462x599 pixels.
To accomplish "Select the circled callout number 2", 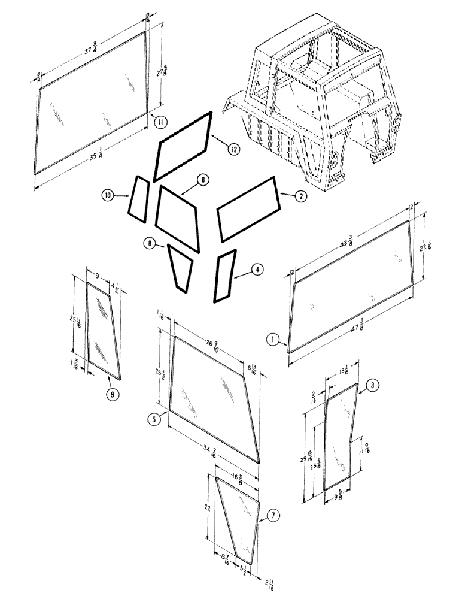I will tap(300, 195).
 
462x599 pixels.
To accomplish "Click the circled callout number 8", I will tap(148, 243).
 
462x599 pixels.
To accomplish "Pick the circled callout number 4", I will tap(256, 270).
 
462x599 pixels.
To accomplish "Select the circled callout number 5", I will tap(155, 420).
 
